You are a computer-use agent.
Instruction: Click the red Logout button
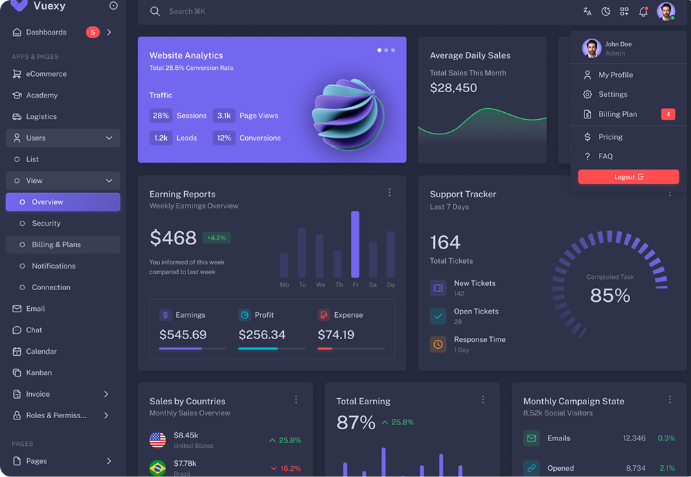click(629, 177)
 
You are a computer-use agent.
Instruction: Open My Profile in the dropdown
click(616, 75)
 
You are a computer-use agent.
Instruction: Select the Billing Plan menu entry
click(618, 114)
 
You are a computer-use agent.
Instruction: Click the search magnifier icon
click(155, 11)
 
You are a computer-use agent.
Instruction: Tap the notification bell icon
click(643, 12)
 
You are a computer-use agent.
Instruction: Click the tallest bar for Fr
click(355, 244)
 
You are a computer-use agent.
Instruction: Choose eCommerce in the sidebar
click(46, 74)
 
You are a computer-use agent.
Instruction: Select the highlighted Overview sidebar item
click(62, 202)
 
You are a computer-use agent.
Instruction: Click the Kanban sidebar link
click(39, 372)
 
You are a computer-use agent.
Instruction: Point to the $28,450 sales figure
click(454, 88)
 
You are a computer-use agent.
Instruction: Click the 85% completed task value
click(610, 296)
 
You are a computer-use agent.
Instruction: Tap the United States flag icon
click(158, 440)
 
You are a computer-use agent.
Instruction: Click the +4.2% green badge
click(217, 237)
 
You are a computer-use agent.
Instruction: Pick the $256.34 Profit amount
click(262, 334)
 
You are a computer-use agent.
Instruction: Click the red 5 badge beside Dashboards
click(93, 33)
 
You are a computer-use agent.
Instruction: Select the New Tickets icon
click(438, 288)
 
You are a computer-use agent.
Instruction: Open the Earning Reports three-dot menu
click(390, 192)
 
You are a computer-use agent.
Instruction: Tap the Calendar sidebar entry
click(41, 351)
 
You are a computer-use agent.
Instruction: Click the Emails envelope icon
click(532, 438)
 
